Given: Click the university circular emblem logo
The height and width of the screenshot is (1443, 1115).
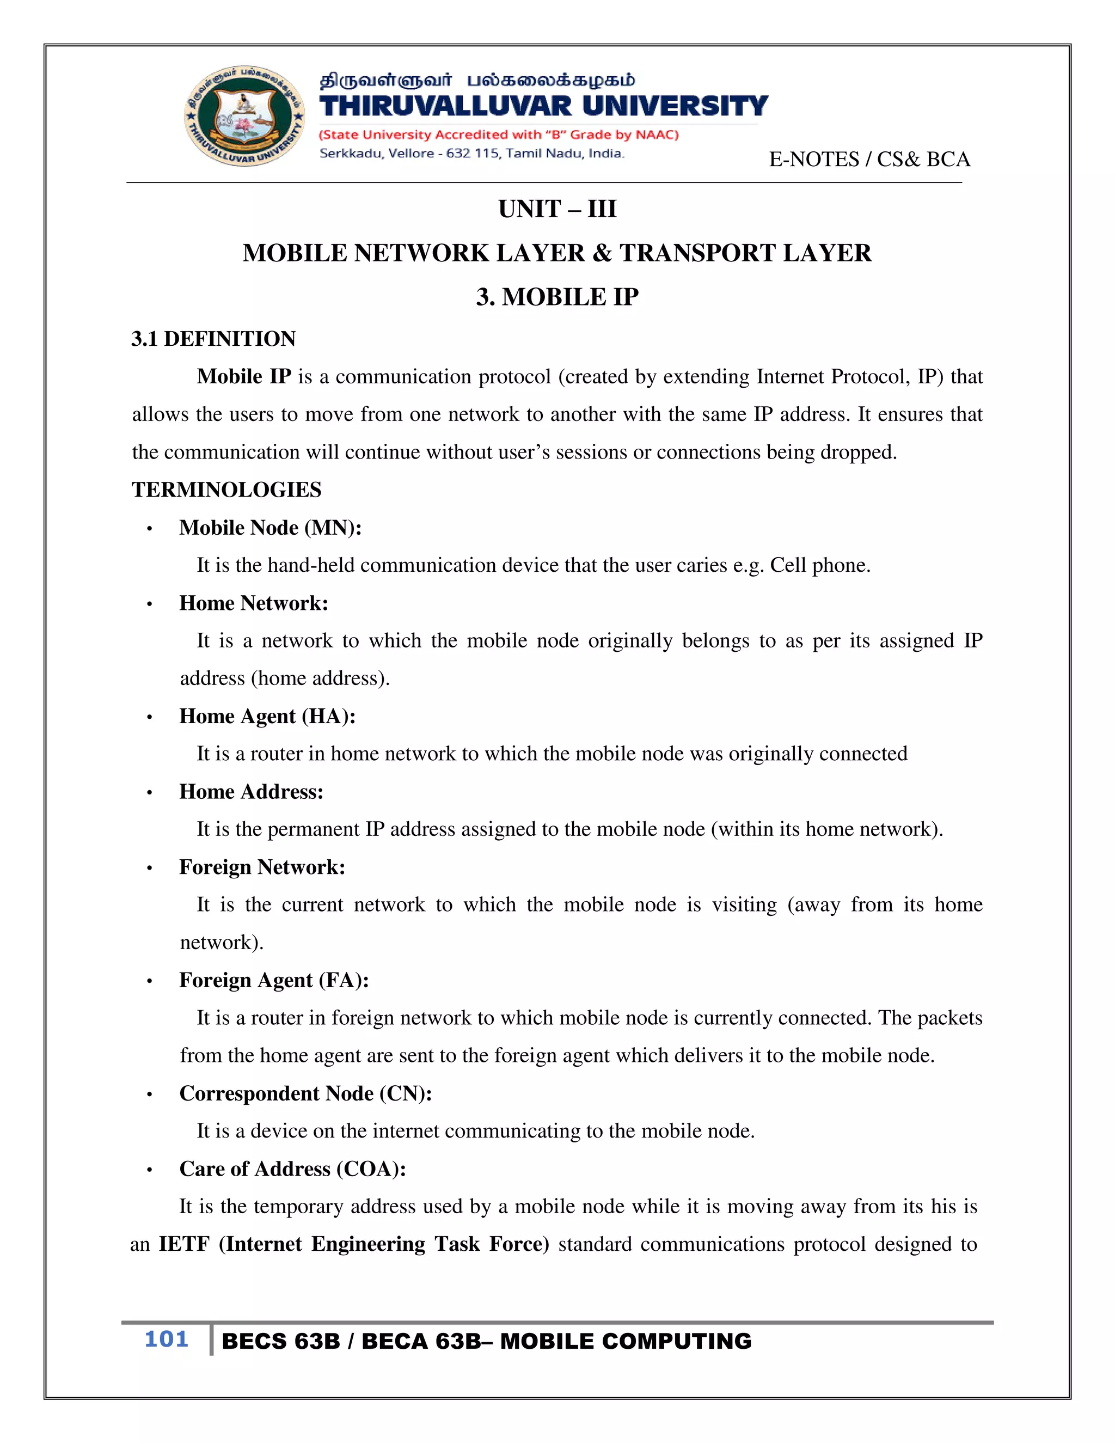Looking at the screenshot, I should (245, 117).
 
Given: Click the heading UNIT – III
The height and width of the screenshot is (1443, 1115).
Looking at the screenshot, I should (557, 209).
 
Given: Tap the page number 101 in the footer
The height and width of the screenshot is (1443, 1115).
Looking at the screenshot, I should (167, 1338).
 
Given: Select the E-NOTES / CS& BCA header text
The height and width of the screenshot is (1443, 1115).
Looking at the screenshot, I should (869, 159).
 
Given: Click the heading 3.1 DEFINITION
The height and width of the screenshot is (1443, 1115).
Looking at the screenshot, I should (213, 338).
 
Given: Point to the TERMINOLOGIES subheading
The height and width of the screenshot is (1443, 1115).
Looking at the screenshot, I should (226, 490).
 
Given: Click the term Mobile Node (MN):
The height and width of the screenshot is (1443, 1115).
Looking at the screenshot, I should (270, 527).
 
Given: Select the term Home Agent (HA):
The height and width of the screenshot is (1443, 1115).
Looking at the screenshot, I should (267, 716).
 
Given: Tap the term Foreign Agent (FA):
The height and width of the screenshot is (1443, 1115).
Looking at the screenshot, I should (273, 980).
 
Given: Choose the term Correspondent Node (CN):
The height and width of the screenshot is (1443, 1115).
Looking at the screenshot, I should (305, 1093).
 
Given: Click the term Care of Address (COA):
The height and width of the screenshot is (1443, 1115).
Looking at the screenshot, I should (292, 1169).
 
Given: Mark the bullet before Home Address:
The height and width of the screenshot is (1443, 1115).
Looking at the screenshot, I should (150, 793).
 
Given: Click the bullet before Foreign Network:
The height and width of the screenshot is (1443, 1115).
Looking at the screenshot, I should (150, 868).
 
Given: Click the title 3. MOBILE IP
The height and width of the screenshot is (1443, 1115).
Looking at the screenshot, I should (557, 297).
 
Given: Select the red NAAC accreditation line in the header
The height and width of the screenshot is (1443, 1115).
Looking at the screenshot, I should (499, 135).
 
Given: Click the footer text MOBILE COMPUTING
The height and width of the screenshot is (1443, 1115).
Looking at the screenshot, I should (626, 1341).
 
